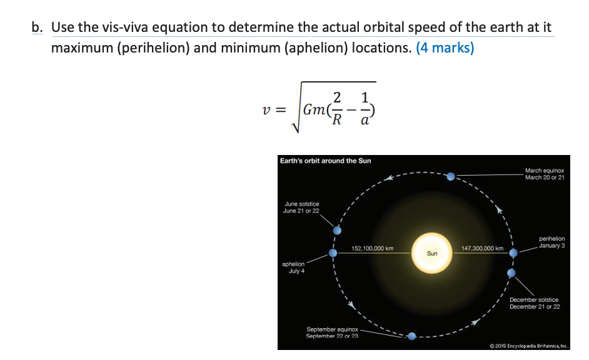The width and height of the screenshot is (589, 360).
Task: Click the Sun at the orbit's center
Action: click(x=431, y=253)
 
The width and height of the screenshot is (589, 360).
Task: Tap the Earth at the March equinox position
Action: click(x=451, y=177)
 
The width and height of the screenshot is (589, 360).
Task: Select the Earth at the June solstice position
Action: click(x=336, y=228)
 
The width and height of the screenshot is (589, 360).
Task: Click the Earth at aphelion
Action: click(x=333, y=254)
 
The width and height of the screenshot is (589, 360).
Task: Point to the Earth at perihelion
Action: click(x=513, y=253)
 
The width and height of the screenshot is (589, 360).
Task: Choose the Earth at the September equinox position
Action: click(x=411, y=336)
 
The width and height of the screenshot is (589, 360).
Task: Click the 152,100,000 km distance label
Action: click(x=373, y=248)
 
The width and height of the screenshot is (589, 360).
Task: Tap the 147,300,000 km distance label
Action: click(x=481, y=248)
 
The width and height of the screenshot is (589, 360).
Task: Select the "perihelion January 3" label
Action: click(x=551, y=241)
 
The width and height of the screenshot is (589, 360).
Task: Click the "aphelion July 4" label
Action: click(x=293, y=267)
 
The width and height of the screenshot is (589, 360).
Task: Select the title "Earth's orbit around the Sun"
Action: click(x=325, y=161)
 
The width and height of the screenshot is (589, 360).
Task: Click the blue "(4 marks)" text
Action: click(x=445, y=48)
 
